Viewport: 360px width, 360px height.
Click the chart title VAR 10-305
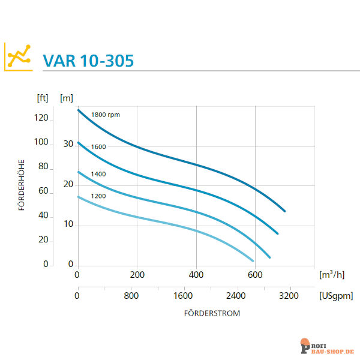pyautogui.click(x=88, y=61)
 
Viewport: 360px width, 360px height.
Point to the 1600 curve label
pyautogui.click(x=98, y=146)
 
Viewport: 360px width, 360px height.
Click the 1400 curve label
pyautogui.click(x=98, y=174)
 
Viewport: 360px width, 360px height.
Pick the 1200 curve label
pyautogui.click(x=98, y=196)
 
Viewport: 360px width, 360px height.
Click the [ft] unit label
pyautogui.click(x=43, y=97)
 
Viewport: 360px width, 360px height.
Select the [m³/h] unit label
pyautogui.click(x=331, y=275)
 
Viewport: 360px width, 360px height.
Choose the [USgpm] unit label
pyautogui.click(x=333, y=296)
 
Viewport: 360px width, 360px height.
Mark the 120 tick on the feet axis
pyautogui.click(x=41, y=118)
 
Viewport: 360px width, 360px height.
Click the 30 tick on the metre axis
pyautogui.click(x=67, y=145)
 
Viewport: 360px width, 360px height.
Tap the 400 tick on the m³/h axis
pyautogui.click(x=196, y=275)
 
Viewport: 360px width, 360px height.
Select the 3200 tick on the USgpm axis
pyautogui.click(x=289, y=296)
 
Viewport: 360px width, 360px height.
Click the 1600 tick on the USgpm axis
pyautogui.click(x=183, y=296)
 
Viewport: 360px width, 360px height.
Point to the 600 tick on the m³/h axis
pyautogui.click(x=256, y=275)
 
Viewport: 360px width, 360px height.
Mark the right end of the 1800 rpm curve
pyautogui.click(x=284, y=211)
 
